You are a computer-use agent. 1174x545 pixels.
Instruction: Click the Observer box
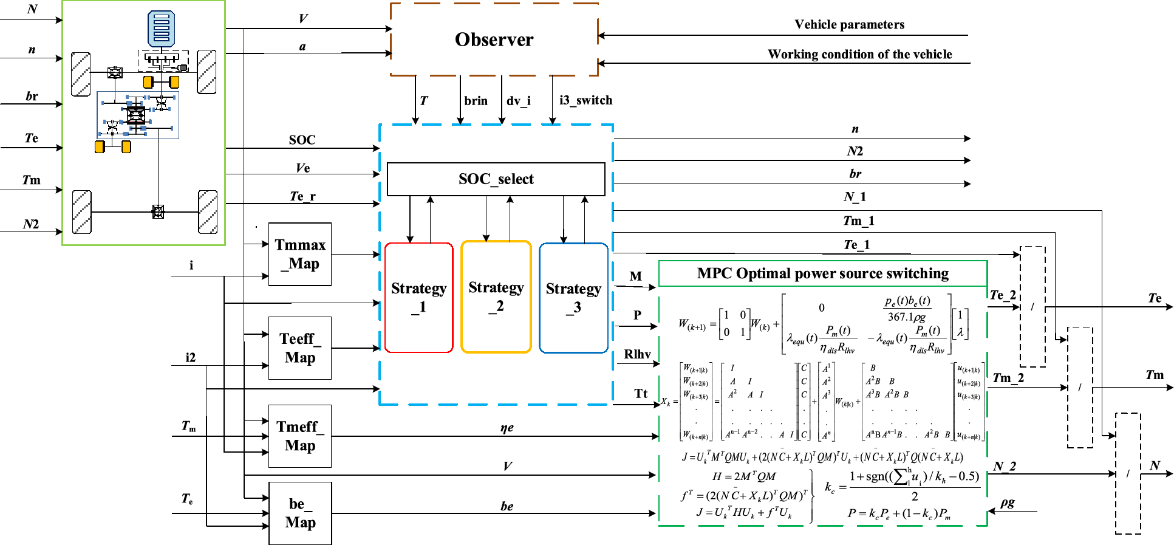[494, 39]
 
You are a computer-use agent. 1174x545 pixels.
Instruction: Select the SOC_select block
[496, 179]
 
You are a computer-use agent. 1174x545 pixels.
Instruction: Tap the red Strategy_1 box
[419, 297]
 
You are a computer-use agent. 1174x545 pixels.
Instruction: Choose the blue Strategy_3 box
[573, 298]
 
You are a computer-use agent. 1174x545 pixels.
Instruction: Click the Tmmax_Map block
[300, 254]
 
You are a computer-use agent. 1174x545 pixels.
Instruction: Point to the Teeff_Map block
[300, 348]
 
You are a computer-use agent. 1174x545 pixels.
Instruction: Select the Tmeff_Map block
[300, 436]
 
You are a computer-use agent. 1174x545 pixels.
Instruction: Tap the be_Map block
[300, 513]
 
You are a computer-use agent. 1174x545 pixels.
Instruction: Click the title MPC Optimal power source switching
[822, 273]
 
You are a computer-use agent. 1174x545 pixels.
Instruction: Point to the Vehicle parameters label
[849, 24]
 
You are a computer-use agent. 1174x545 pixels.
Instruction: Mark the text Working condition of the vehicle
[859, 54]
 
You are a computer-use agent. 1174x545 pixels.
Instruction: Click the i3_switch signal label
[585, 100]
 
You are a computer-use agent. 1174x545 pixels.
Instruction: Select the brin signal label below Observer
[476, 101]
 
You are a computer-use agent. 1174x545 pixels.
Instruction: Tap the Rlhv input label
[637, 354]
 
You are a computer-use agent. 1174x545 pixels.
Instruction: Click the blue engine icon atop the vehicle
[162, 29]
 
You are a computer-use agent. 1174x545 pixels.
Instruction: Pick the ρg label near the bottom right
[1008, 502]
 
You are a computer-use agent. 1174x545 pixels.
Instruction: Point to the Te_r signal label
[302, 196]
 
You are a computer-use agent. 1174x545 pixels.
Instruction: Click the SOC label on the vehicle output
[302, 140]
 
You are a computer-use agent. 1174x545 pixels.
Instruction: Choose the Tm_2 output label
[1008, 378]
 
